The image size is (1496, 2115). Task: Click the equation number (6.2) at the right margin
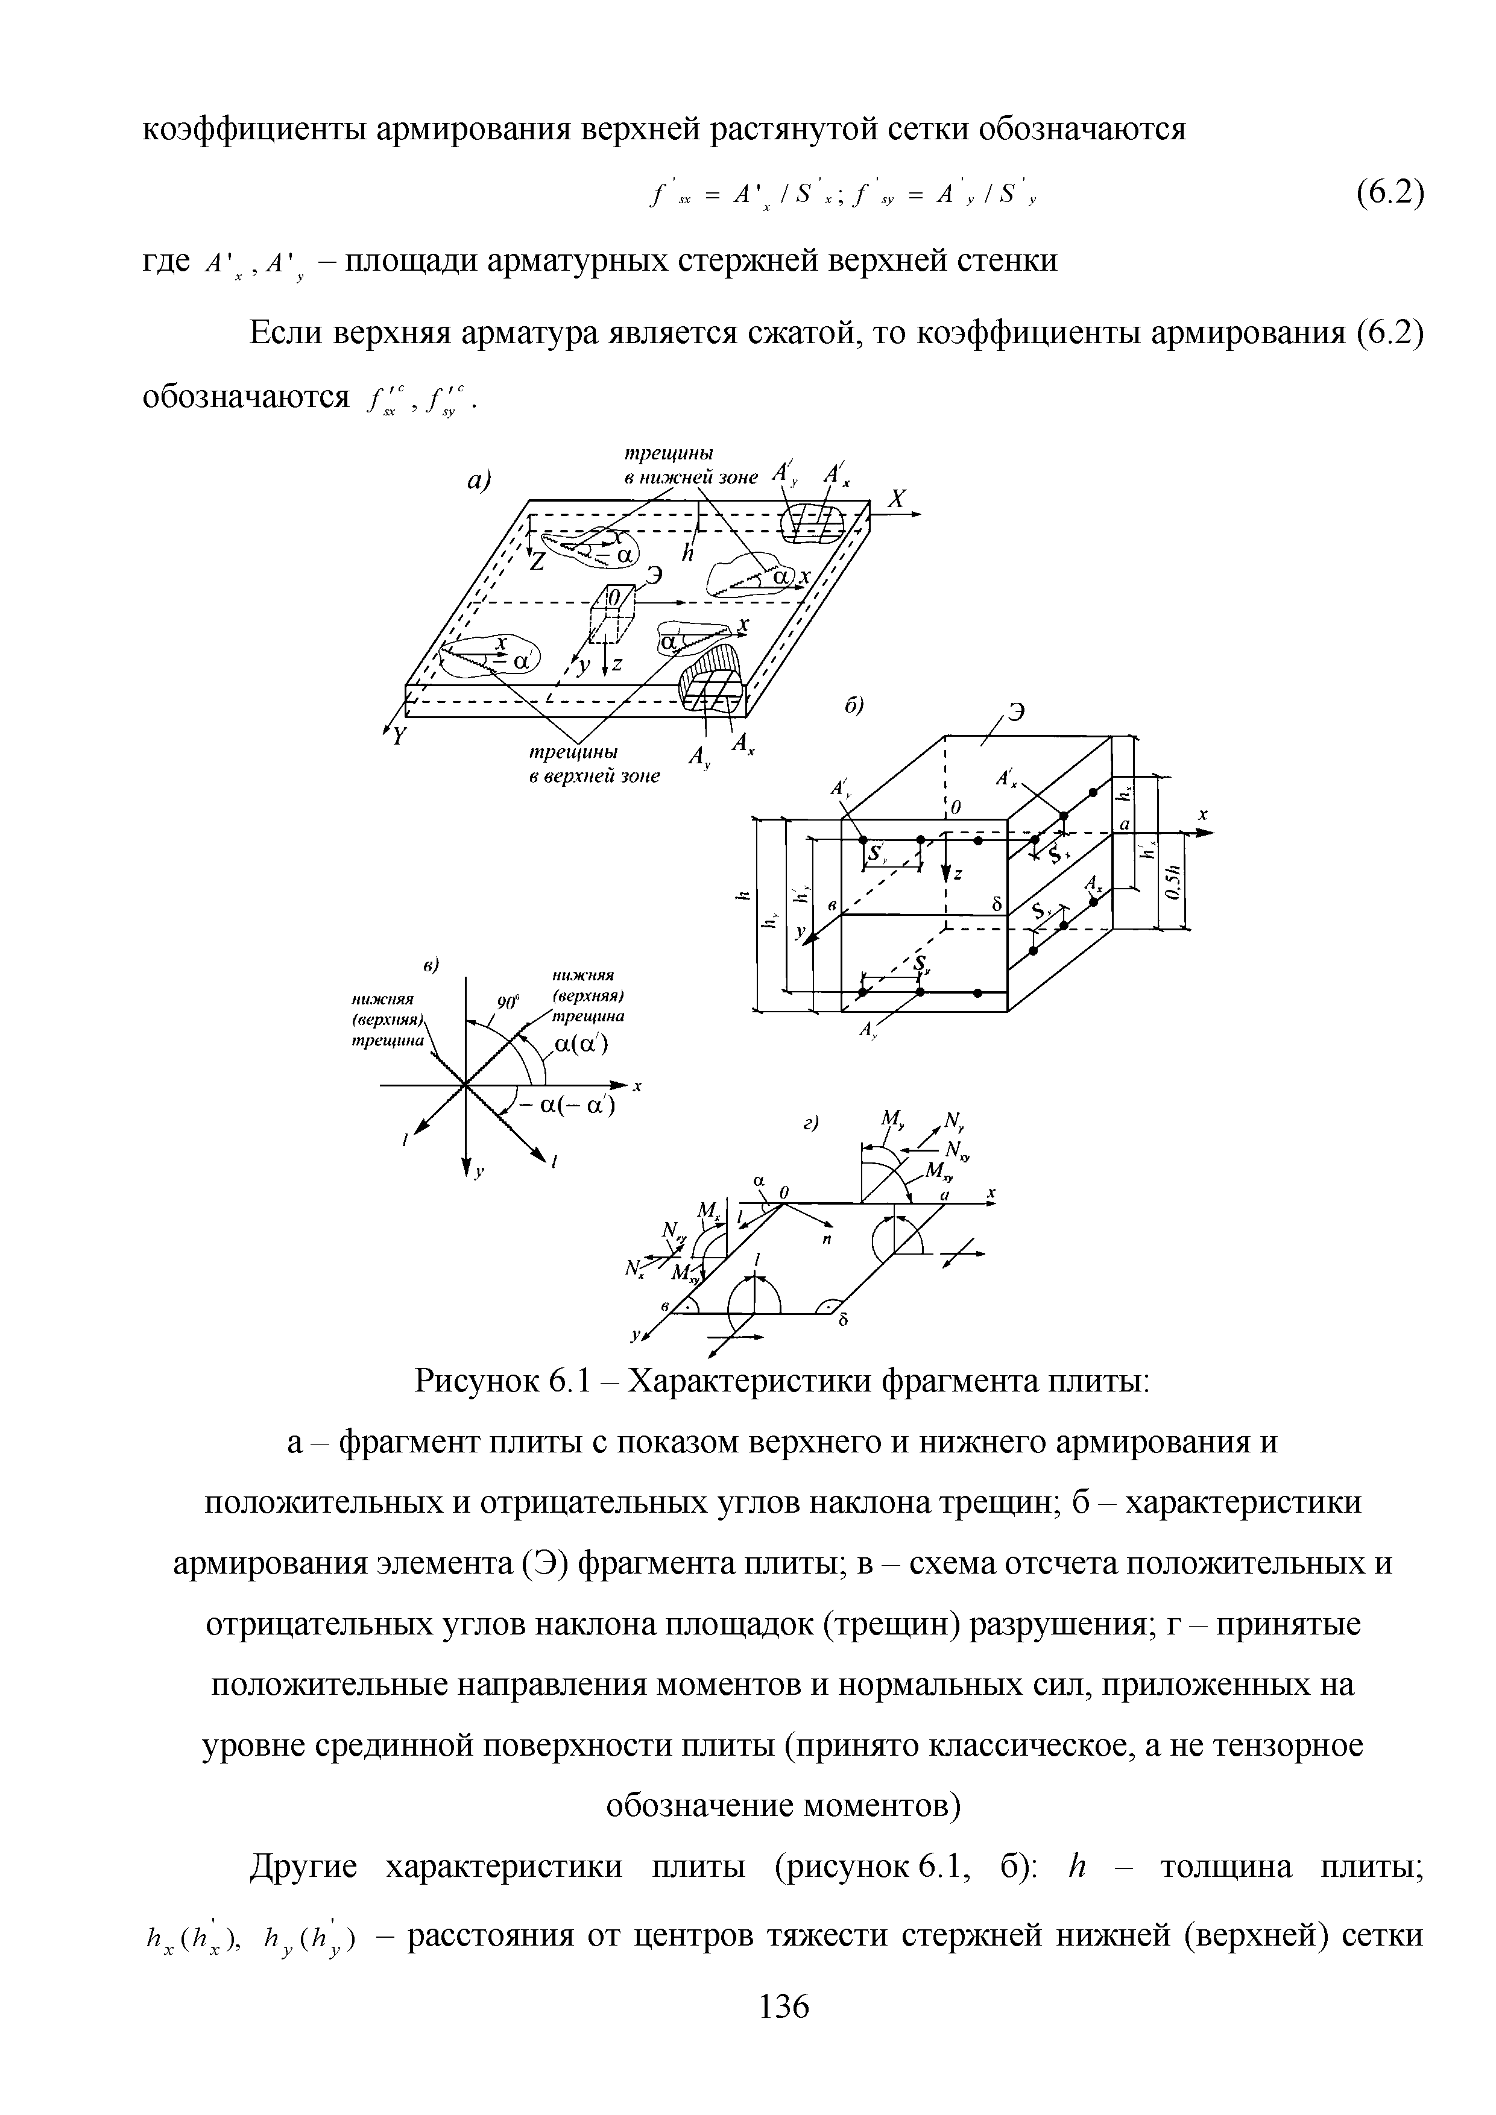(1390, 194)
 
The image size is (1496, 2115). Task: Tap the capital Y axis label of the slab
(398, 737)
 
